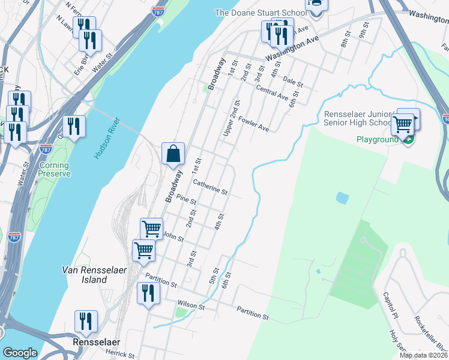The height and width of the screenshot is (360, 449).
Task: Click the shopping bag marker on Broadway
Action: point(173,154)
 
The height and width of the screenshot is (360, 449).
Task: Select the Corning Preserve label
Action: point(55,170)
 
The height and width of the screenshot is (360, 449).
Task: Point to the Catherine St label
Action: point(210,187)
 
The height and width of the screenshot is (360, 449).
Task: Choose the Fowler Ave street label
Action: point(253,123)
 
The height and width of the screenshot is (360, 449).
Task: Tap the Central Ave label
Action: point(273,94)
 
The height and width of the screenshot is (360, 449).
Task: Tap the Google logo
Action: point(20,353)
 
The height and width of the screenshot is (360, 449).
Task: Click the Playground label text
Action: point(378,140)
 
